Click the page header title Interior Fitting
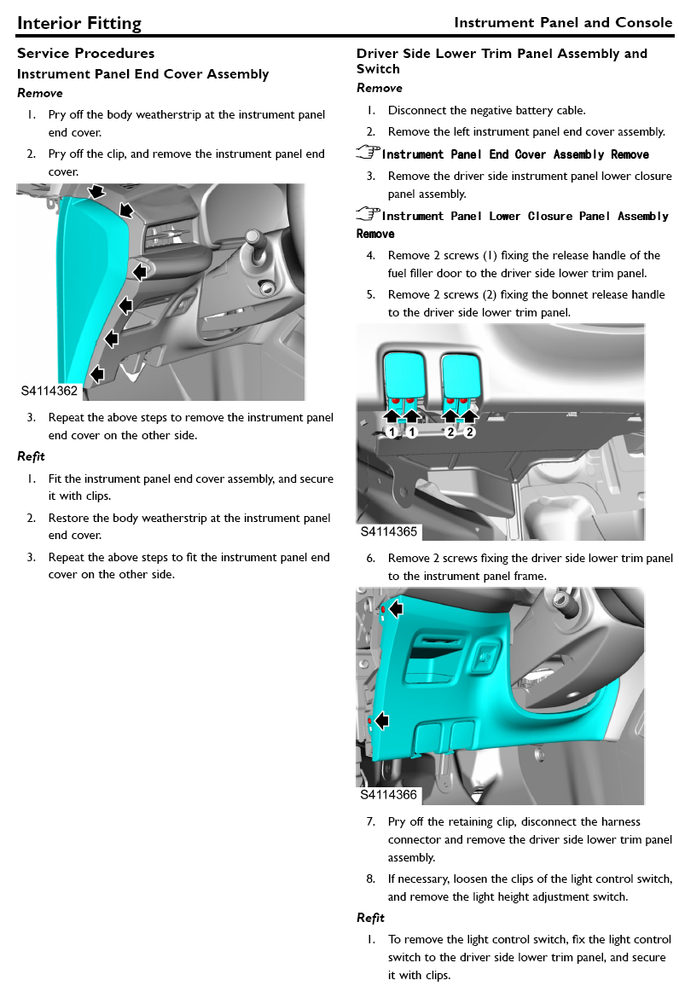point(79,23)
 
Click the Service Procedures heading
point(85,54)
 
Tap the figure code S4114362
point(49,391)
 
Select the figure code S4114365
point(389,531)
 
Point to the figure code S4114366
point(389,795)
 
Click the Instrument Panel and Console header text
point(563,22)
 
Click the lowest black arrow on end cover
point(97,373)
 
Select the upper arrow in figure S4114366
point(395,608)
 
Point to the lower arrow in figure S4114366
point(381,721)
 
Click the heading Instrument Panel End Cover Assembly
point(142,74)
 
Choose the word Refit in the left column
point(31,456)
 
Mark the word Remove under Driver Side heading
point(379,88)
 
